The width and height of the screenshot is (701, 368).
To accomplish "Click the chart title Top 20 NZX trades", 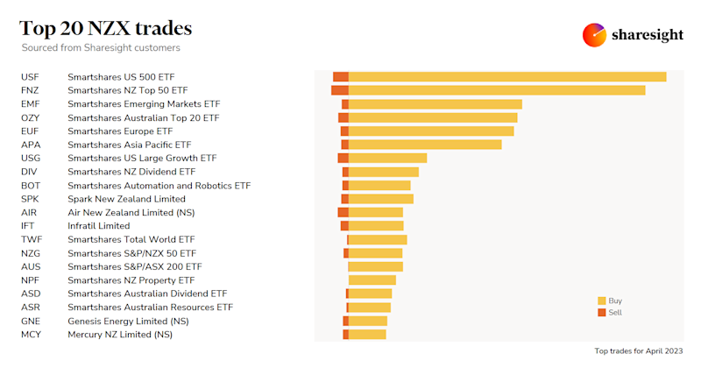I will pyautogui.click(x=105, y=28).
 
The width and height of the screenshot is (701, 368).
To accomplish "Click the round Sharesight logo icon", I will pyautogui.click(x=594, y=34).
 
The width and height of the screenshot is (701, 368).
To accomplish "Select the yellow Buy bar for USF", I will pyautogui.click(x=507, y=77).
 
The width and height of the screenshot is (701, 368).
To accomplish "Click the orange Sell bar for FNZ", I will pyautogui.click(x=339, y=90).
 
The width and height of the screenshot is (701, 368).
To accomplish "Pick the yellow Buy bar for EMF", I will pyautogui.click(x=435, y=104).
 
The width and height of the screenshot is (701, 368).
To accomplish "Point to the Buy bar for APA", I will pyautogui.click(x=425, y=145).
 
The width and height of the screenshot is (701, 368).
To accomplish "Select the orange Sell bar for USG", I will pyautogui.click(x=343, y=158).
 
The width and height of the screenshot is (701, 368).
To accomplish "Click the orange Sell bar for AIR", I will pyautogui.click(x=343, y=212).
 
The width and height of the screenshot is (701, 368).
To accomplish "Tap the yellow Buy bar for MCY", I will pyautogui.click(x=367, y=335).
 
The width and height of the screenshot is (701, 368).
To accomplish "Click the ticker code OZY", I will pyautogui.click(x=30, y=117).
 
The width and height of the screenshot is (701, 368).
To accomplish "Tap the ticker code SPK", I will pyautogui.click(x=30, y=199).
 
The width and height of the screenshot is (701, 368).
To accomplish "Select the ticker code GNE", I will pyautogui.click(x=31, y=322).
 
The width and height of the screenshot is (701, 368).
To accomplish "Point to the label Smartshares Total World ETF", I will pyautogui.click(x=131, y=239).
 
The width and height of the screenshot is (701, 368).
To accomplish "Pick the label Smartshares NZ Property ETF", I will pyautogui.click(x=131, y=280).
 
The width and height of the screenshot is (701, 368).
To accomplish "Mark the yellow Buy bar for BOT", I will pyautogui.click(x=379, y=186).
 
